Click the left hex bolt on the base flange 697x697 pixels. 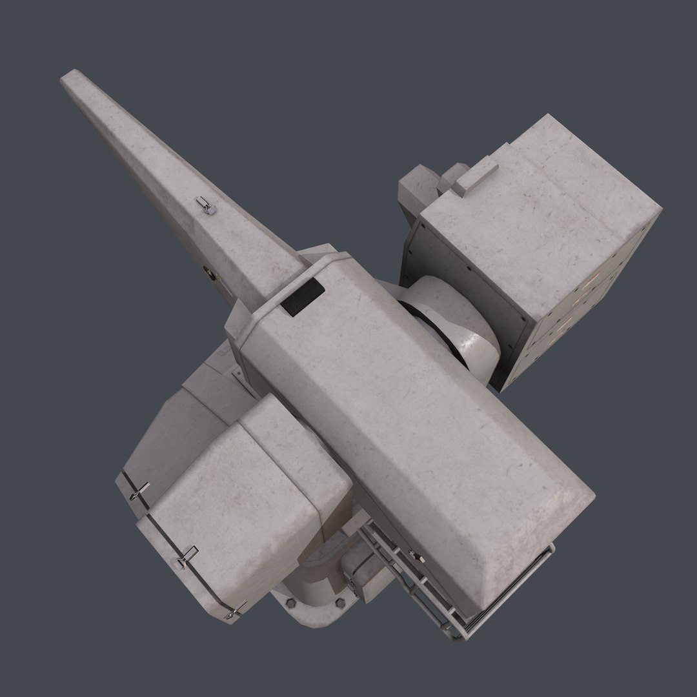click(290, 604)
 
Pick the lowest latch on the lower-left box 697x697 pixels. click(234, 612)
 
